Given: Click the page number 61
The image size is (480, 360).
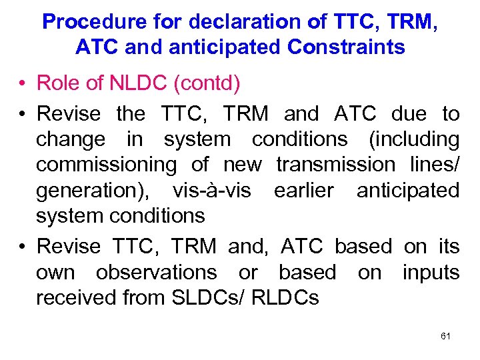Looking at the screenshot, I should coord(446,336).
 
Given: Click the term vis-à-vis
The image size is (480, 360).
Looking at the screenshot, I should coord(212,191).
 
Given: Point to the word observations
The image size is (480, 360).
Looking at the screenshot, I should coord(156,273).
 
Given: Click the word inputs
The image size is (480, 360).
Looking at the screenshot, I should coord(431,273).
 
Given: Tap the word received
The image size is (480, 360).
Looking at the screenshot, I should coord(77,298).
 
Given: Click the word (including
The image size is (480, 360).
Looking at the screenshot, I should coord(413,139).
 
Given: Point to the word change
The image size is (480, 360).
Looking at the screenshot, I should coord(70,139).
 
